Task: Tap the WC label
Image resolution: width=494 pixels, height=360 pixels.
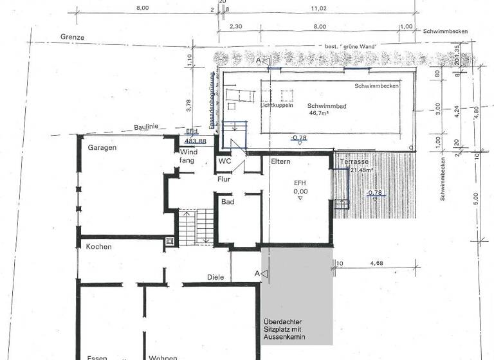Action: click(224, 161)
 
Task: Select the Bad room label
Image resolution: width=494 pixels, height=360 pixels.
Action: click(227, 202)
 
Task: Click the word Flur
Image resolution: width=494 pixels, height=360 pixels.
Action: click(224, 179)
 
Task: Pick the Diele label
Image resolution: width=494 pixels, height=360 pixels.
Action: click(215, 277)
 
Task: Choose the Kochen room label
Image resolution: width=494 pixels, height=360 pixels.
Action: click(98, 247)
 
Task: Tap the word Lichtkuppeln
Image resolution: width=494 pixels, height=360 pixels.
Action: click(279, 105)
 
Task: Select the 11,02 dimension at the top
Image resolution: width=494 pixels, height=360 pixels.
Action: click(318, 8)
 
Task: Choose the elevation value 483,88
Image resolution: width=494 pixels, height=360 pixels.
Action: click(195, 141)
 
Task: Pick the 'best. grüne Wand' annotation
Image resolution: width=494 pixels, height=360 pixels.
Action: click(350, 47)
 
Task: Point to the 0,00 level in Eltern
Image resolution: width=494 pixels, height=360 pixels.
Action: click(300, 191)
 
